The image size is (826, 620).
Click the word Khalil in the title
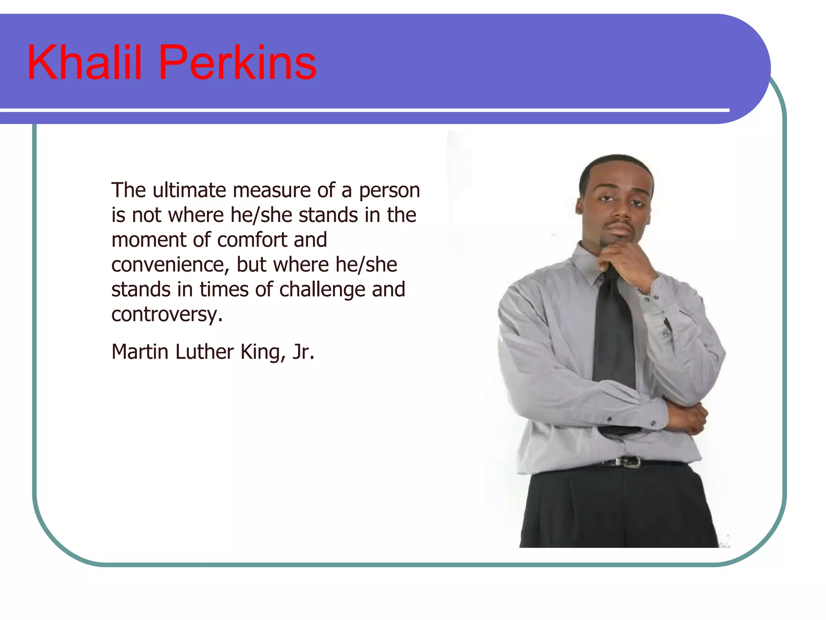pos(84,63)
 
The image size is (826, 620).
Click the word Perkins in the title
pos(238,63)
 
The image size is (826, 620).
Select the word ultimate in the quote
pos(189,190)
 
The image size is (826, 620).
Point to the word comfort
pos(252,240)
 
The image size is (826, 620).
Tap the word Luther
pos(204,352)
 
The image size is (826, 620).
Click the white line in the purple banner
pos(363,110)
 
